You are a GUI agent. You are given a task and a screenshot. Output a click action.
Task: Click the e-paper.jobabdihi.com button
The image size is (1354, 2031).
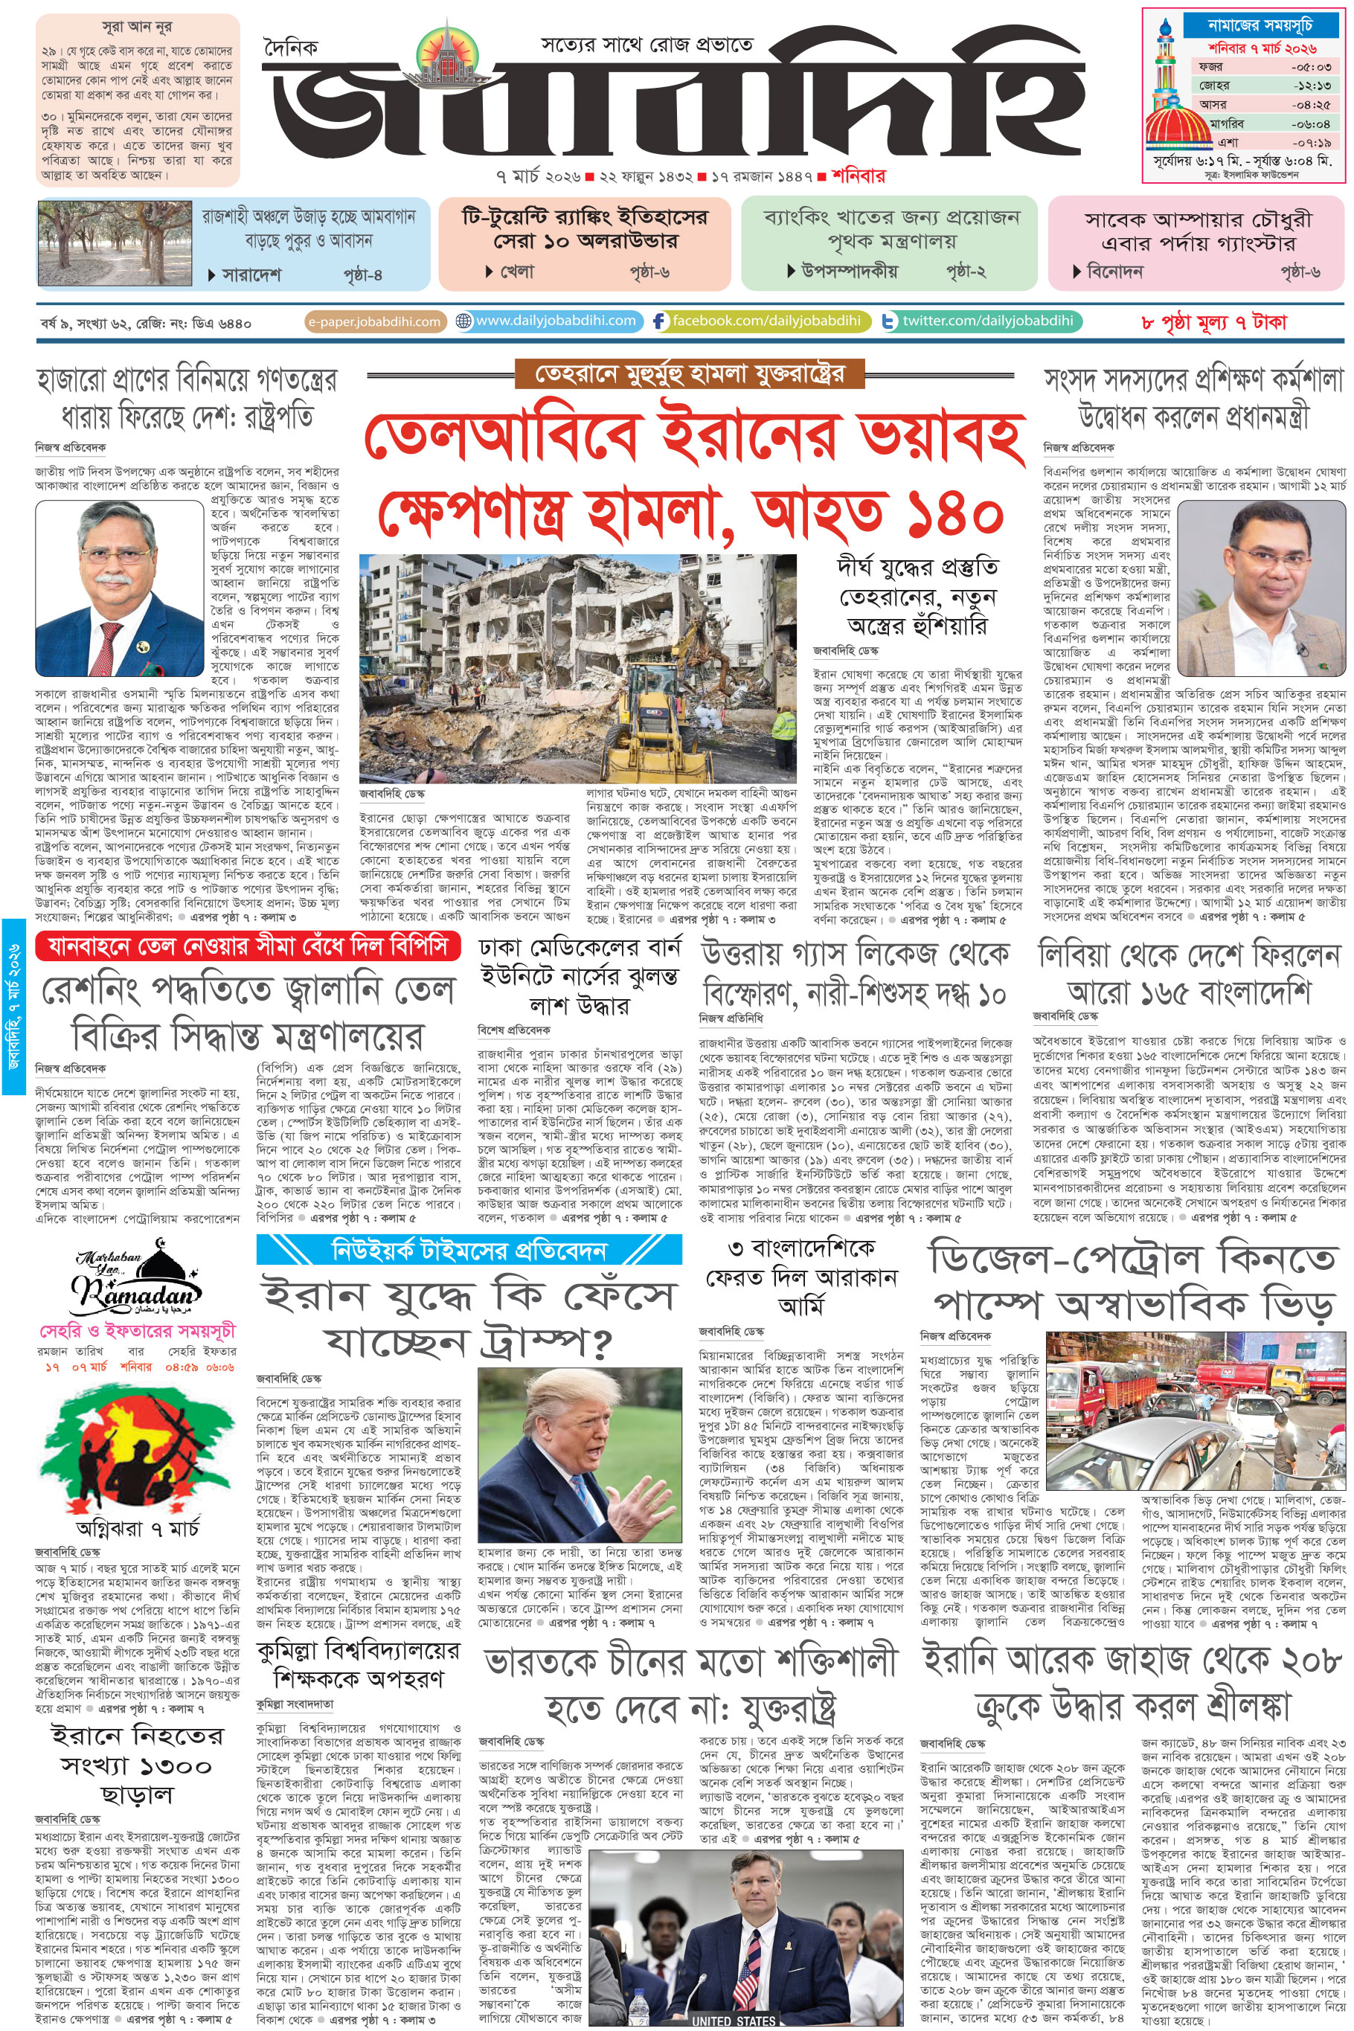click(x=375, y=321)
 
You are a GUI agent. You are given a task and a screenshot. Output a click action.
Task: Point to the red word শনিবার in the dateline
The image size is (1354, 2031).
click(x=859, y=176)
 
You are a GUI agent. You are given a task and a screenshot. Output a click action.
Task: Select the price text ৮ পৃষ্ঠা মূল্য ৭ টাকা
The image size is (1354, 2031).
click(x=1213, y=322)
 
